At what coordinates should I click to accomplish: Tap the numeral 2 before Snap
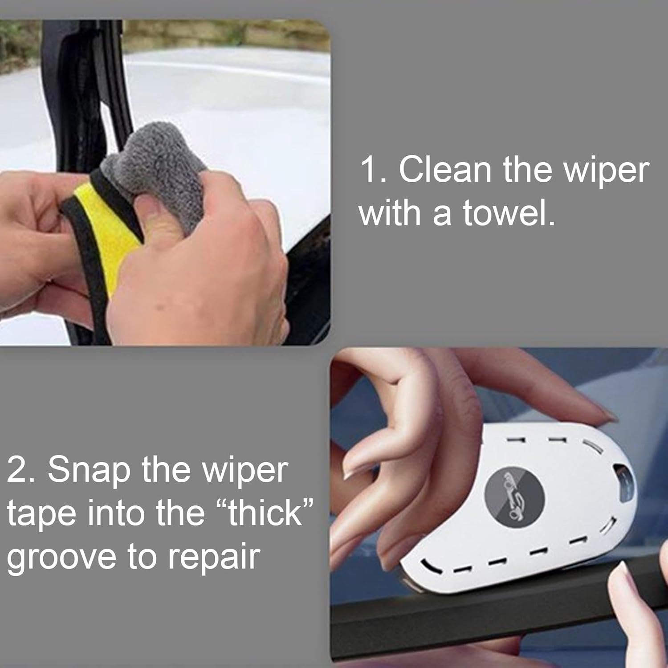(18, 470)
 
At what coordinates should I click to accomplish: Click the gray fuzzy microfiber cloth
(156, 160)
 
